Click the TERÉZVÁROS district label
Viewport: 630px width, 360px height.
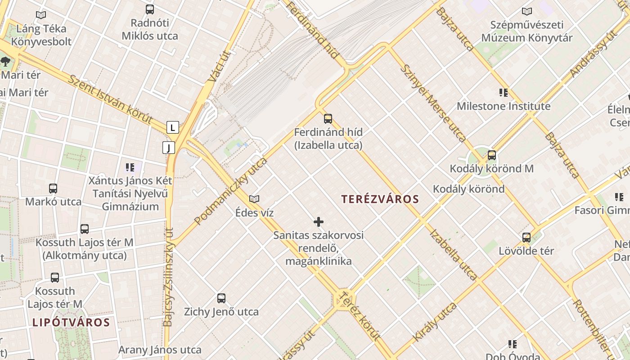(380, 199)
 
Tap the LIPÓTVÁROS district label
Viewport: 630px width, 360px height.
(71, 322)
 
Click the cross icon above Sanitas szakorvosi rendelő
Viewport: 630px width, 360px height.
(319, 221)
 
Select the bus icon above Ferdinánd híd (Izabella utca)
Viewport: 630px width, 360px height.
(328, 119)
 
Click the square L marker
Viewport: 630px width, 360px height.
(172, 127)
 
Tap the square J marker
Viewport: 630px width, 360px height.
(169, 147)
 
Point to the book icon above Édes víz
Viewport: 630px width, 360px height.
(254, 199)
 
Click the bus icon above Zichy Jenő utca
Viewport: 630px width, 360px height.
(221, 298)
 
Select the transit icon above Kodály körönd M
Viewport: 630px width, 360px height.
(492, 155)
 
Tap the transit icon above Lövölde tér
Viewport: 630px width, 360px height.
(526, 237)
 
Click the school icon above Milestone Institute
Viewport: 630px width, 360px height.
(504, 93)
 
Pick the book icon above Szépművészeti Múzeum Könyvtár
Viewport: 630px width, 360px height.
(526, 11)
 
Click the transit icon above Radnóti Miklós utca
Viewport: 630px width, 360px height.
(150, 9)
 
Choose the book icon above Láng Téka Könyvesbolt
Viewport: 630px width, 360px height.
(41, 15)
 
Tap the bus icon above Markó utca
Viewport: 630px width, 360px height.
(53, 189)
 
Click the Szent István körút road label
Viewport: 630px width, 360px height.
(110, 99)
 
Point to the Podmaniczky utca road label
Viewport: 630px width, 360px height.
(231, 191)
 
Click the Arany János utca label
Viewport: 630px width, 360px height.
(160, 350)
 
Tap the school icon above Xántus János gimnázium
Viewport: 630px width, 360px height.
(130, 167)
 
